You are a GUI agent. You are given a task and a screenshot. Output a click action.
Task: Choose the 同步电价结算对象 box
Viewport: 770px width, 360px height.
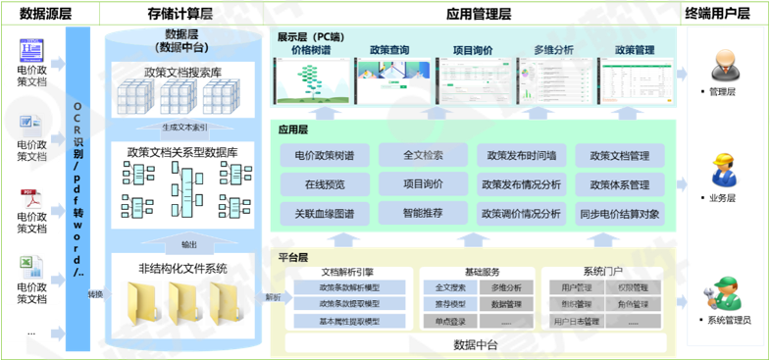pos(619,213)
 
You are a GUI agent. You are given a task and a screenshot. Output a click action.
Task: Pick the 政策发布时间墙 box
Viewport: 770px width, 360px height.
pos(521,156)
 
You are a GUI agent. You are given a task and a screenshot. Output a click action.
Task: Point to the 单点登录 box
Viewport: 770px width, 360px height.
pos(450,321)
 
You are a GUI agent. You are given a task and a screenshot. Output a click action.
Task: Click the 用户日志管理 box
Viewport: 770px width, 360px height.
pos(577,321)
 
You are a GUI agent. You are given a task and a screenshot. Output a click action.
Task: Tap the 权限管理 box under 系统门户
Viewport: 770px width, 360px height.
pos(632,288)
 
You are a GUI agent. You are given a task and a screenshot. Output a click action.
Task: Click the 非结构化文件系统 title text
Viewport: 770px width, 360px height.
pos(182,267)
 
